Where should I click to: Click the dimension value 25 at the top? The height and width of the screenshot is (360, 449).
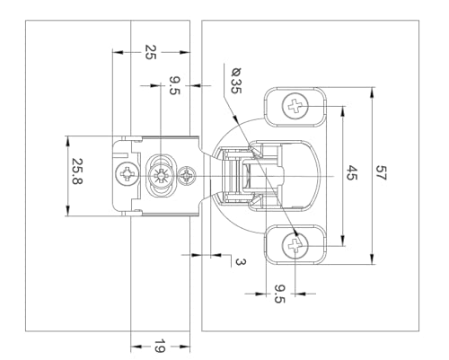point(151,52)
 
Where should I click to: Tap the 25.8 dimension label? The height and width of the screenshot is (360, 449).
point(77,171)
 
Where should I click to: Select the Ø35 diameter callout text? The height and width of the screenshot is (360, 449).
point(236,81)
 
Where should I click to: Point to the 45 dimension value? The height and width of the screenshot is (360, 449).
point(352,172)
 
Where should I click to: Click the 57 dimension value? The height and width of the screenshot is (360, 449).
point(381,172)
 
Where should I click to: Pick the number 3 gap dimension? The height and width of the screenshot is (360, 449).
point(241,262)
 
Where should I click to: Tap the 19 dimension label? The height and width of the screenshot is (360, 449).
point(159,347)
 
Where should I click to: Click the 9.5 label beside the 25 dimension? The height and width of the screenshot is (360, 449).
point(175,85)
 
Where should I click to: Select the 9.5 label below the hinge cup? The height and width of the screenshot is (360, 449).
point(279,294)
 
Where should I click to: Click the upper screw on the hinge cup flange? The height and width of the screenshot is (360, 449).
point(295,106)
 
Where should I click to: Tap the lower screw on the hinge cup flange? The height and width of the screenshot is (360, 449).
point(295,246)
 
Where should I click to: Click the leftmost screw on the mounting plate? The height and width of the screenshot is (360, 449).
point(128,174)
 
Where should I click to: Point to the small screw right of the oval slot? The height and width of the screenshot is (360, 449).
point(187,175)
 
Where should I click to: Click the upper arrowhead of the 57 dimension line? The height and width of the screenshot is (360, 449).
point(372,92)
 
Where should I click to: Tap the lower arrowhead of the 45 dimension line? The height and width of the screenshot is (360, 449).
point(343,241)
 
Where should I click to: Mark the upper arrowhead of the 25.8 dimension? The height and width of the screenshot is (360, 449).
point(68,142)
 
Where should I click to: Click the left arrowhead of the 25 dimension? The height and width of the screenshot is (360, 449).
point(118,52)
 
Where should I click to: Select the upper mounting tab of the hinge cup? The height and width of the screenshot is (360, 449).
point(295,107)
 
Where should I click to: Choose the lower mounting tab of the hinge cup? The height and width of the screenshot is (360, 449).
point(295,245)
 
